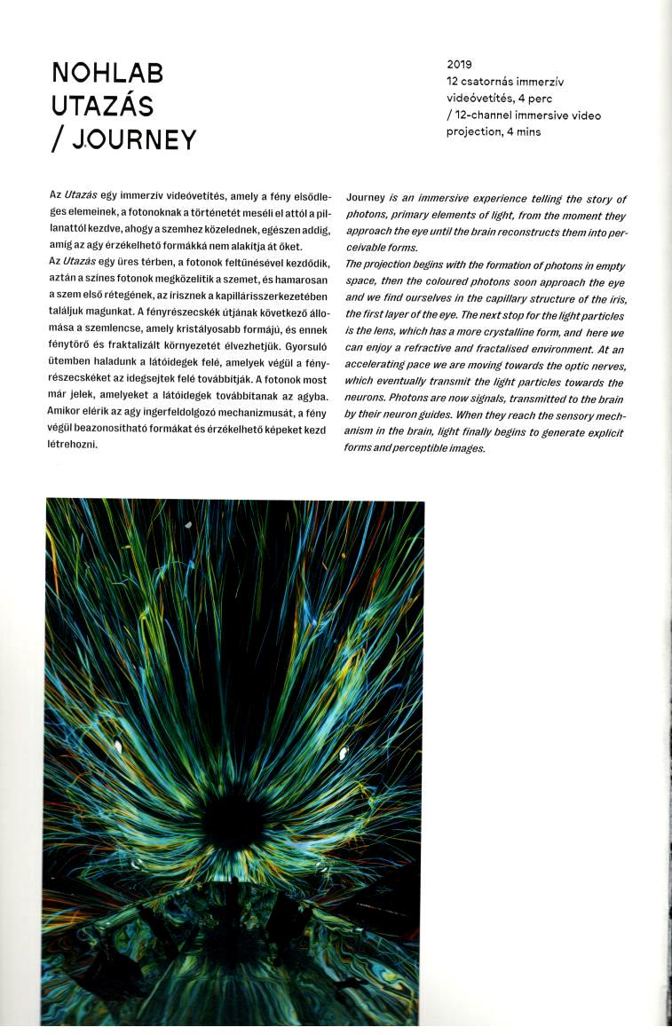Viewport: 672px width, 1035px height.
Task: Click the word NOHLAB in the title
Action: point(107,73)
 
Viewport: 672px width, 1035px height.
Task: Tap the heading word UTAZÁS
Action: point(102,107)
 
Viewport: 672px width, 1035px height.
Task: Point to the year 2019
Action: point(459,64)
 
